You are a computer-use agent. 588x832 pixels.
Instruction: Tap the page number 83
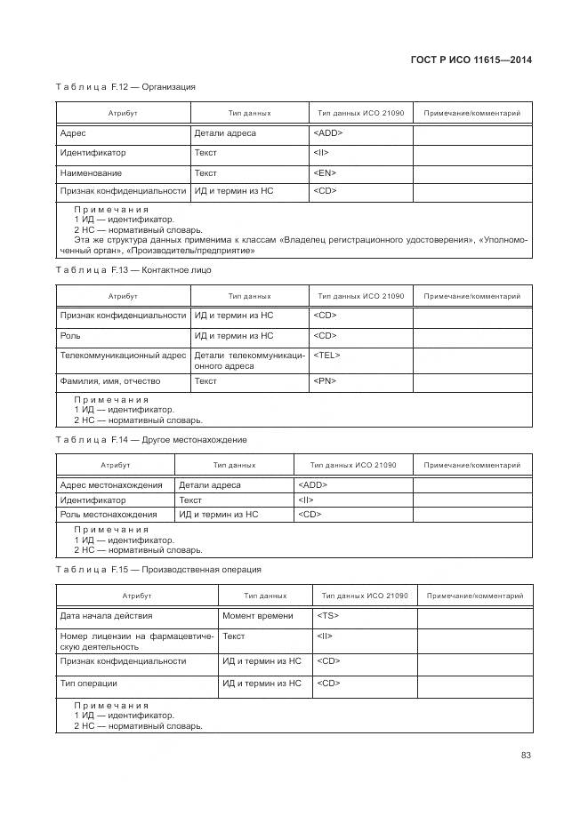526,755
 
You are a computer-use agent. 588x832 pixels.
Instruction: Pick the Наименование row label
91,172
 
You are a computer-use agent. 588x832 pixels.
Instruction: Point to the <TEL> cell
326,355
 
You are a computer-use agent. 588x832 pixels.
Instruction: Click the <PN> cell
325,381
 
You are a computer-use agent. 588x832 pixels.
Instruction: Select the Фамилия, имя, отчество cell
109,381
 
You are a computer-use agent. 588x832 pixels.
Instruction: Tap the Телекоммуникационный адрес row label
123,355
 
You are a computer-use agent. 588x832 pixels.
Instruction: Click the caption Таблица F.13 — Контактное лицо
133,269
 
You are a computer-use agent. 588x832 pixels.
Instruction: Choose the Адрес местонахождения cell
110,485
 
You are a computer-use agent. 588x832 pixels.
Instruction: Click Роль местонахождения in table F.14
108,514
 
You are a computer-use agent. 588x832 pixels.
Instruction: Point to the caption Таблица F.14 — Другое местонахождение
151,439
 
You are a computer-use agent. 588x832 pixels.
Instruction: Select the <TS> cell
327,615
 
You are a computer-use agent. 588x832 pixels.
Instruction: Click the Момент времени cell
257,615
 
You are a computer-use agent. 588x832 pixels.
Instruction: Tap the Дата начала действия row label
106,615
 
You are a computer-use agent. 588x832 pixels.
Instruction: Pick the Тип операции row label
88,684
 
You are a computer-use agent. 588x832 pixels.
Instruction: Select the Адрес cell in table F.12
73,133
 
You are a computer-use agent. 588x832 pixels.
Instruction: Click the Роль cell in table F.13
70,336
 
